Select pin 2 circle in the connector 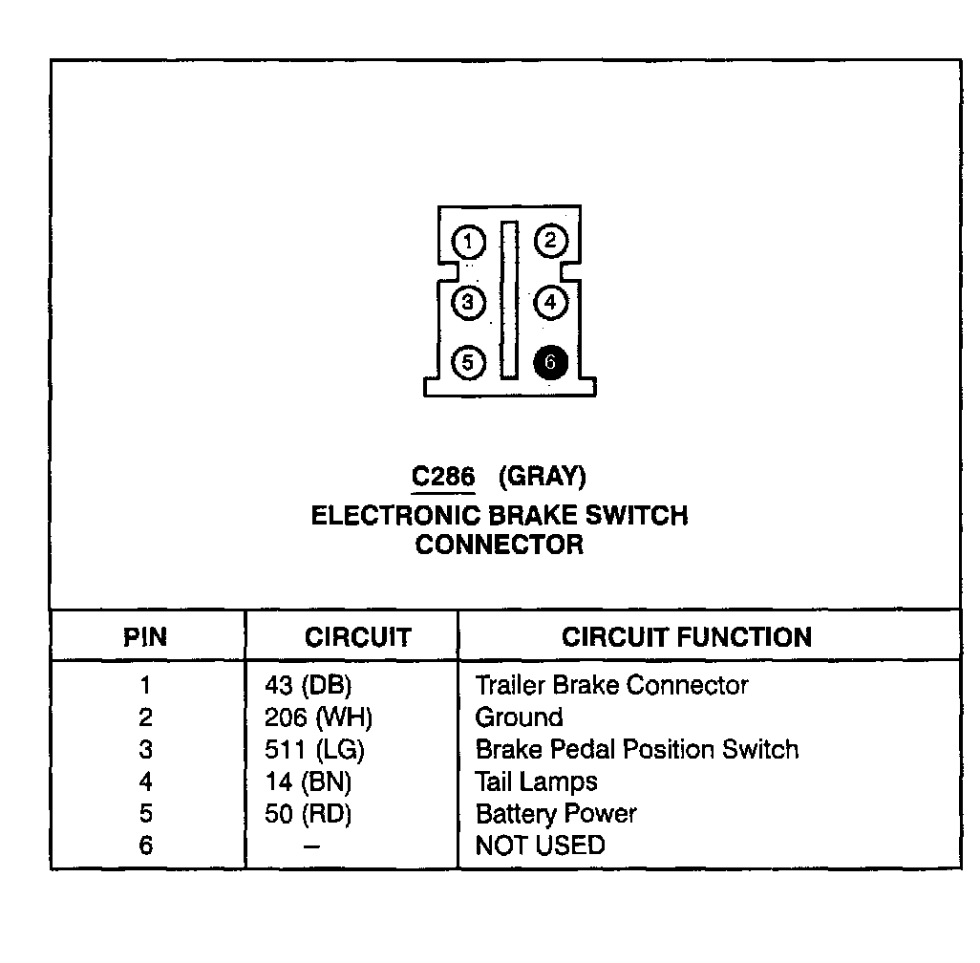pyautogui.click(x=550, y=241)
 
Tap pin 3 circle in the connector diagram pyautogui.click(x=468, y=303)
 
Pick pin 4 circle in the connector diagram pyautogui.click(x=550, y=303)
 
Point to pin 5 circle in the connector pyautogui.click(x=468, y=363)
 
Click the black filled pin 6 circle pyautogui.click(x=550, y=363)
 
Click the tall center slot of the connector pyautogui.click(x=510, y=301)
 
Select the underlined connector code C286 pyautogui.click(x=443, y=476)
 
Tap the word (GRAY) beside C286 pyautogui.click(x=542, y=476)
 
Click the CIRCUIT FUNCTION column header pyautogui.click(x=686, y=637)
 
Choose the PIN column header pyautogui.click(x=145, y=637)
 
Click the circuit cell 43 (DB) pyautogui.click(x=308, y=686)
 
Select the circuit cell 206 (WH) pyautogui.click(x=318, y=718)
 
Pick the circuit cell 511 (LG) pyautogui.click(x=314, y=750)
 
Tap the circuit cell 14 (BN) pyautogui.click(x=308, y=782)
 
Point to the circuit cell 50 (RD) pyautogui.click(x=308, y=815)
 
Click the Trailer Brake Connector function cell pyautogui.click(x=611, y=686)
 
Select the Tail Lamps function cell pyautogui.click(x=536, y=782)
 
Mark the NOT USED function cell pyautogui.click(x=540, y=846)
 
